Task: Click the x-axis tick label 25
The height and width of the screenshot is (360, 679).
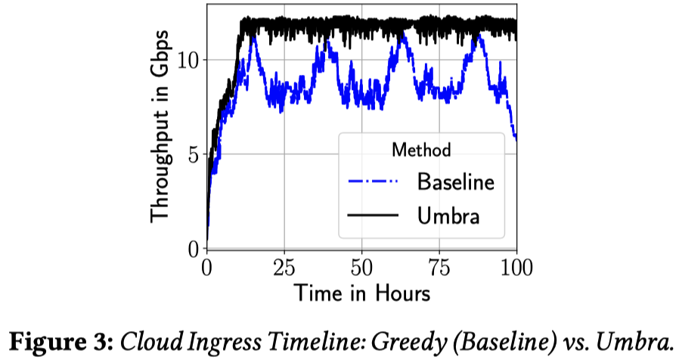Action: tap(284, 268)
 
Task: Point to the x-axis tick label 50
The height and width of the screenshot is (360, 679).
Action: tap(361, 268)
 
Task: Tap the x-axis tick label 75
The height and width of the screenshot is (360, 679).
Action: tap(439, 268)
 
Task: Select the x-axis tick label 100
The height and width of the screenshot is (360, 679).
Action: tap(516, 268)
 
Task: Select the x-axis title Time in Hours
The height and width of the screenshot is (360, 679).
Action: tap(361, 292)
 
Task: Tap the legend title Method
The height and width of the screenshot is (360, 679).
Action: tap(421, 149)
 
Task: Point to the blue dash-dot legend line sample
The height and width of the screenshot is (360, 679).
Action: tap(373, 182)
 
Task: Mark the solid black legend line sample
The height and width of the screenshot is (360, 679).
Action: tap(373, 216)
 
